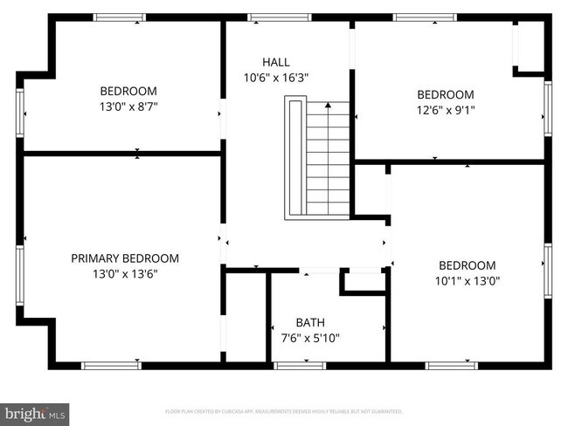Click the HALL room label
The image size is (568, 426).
coord(275,61)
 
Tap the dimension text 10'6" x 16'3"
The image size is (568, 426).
coord(275,77)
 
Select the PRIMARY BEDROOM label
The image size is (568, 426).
coord(125,258)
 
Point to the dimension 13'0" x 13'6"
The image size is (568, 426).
coord(125,273)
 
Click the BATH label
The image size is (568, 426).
coord(309,322)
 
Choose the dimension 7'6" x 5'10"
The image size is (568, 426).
coord(309,337)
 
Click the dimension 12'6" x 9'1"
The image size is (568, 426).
coord(445,110)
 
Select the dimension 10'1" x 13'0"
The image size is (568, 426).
coord(467,281)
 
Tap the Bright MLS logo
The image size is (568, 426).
coord(34,412)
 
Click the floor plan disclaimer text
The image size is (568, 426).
coord(284,410)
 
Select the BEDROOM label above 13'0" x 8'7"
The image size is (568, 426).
coord(128,91)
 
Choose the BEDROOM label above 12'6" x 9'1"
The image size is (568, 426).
coord(445,95)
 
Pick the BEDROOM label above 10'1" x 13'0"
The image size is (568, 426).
coord(467,265)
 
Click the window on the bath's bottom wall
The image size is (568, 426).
coord(299,364)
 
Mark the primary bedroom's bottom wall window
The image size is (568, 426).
coord(111,364)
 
